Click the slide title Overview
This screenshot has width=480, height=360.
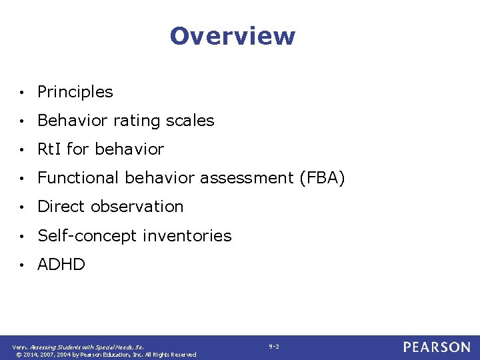point(232,36)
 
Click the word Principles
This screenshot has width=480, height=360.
point(75,92)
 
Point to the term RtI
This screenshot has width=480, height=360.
point(49,149)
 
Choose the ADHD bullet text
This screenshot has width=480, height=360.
point(61,265)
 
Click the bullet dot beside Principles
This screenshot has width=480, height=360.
point(23,93)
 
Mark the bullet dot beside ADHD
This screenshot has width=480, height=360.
point(23,265)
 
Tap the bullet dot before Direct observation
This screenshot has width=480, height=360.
point(23,207)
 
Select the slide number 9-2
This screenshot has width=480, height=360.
point(274,347)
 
